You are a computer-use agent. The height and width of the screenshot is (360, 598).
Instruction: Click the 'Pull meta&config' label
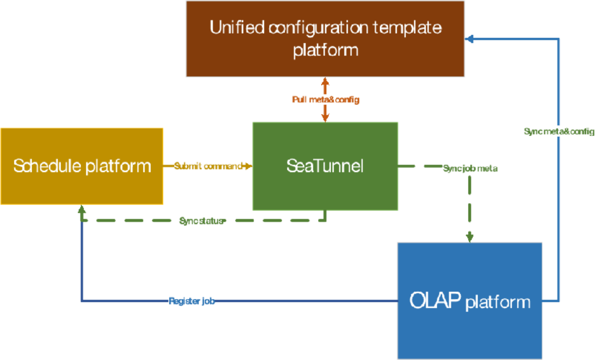[325, 99]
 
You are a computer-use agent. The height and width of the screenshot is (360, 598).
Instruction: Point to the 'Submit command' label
[208, 166]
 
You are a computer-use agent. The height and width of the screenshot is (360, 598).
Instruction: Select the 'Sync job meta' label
[470, 168]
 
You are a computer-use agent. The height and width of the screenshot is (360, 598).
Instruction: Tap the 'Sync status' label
[200, 221]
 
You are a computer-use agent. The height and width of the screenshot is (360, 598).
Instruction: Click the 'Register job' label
[191, 301]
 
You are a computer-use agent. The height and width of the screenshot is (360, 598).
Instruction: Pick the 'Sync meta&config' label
[558, 131]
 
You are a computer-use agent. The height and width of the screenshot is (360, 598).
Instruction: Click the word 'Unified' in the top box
[236, 27]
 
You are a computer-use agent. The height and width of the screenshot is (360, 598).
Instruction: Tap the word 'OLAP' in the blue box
[435, 300]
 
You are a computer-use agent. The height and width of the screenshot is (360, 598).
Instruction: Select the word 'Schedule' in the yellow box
[47, 165]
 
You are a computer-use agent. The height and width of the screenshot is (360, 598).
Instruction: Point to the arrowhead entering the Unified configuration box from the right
[469, 38]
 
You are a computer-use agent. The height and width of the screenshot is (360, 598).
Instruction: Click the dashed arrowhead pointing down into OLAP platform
[470, 237]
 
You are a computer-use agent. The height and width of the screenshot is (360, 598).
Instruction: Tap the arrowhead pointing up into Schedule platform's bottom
[81, 209]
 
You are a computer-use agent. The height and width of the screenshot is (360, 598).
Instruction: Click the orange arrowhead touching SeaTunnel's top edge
[325, 118]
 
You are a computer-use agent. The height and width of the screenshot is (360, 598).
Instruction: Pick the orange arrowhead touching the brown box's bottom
[325, 81]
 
